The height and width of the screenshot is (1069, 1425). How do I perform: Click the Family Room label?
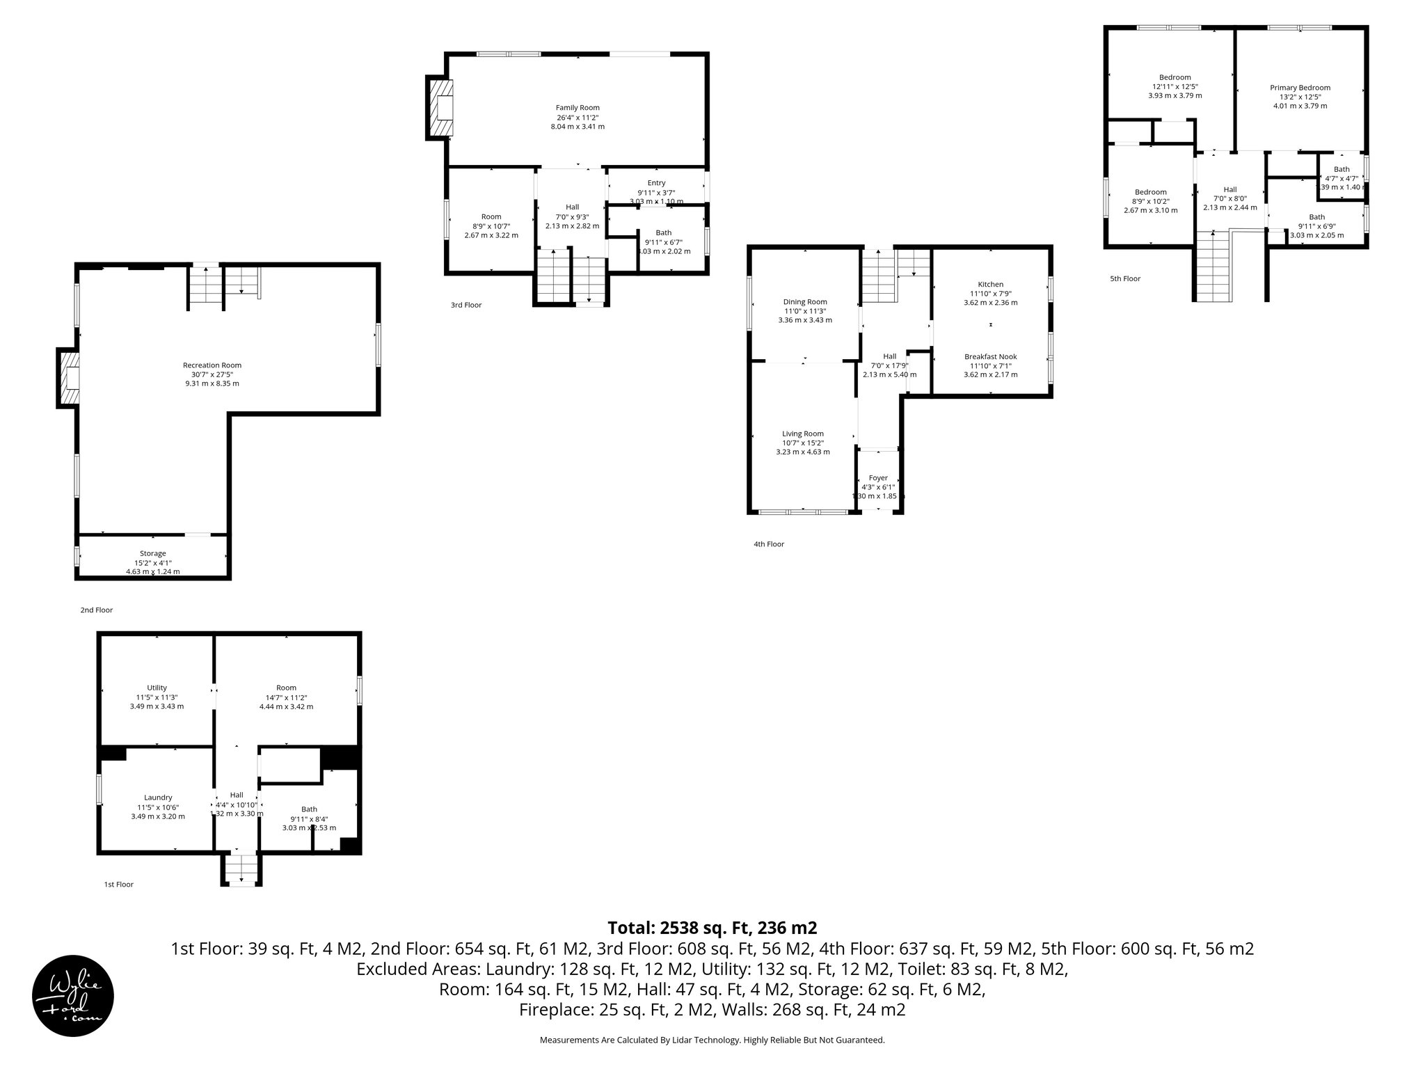tap(578, 108)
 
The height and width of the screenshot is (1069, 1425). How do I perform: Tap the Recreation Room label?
tap(212, 365)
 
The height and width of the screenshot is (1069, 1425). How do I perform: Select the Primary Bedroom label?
tap(1300, 88)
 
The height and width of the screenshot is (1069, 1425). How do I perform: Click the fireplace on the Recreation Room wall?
tap(67, 378)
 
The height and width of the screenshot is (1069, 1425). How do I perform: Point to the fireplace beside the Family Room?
tap(440, 108)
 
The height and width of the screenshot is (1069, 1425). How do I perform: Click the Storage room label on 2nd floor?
tap(153, 553)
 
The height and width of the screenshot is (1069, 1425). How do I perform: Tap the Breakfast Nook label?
tap(990, 356)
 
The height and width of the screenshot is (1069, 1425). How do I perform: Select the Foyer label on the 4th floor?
tap(878, 478)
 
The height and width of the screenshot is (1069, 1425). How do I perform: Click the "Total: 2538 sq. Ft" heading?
tap(712, 928)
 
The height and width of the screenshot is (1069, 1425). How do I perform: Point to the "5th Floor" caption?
tap(1125, 279)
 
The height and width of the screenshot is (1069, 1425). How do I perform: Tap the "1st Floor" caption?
tap(118, 885)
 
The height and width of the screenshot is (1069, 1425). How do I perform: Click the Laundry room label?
tap(158, 798)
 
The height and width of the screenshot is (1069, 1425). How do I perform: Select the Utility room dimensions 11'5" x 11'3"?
tap(157, 697)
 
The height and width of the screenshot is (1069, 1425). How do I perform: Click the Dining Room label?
tap(805, 302)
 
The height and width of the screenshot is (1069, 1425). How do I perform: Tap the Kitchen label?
tap(990, 284)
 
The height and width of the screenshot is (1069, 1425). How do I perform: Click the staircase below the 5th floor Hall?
tap(1214, 268)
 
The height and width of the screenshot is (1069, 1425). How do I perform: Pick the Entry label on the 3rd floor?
tap(656, 183)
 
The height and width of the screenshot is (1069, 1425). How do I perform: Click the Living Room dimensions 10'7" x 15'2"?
tap(803, 443)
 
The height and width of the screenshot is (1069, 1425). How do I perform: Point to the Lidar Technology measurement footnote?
tap(712, 1040)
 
